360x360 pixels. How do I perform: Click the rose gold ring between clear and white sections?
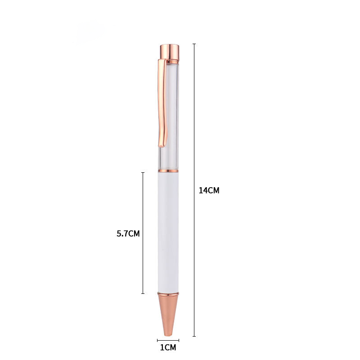pyautogui.click(x=168, y=171)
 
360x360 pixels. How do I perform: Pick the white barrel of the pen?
pyautogui.click(x=168, y=232)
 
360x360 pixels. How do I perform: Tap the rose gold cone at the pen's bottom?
pyautogui.click(x=168, y=313)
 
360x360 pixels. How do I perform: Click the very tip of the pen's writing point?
pyautogui.click(x=168, y=334)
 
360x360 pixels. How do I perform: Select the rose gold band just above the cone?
pyautogui.click(x=168, y=293)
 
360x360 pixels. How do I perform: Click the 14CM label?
pyautogui.click(x=209, y=190)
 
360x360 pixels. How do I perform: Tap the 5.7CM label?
pyautogui.click(x=128, y=234)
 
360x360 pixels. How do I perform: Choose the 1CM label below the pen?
pyautogui.click(x=168, y=348)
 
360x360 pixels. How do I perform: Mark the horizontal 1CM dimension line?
pyautogui.click(x=168, y=340)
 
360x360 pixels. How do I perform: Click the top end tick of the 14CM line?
pyautogui.click(x=194, y=44)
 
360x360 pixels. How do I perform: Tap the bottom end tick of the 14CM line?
pyautogui.click(x=194, y=336)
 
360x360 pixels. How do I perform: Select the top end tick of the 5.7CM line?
pyautogui.click(x=143, y=172)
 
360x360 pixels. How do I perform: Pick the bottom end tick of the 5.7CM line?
pyautogui.click(x=143, y=293)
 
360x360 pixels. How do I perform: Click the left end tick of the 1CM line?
pyautogui.click(x=157, y=340)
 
